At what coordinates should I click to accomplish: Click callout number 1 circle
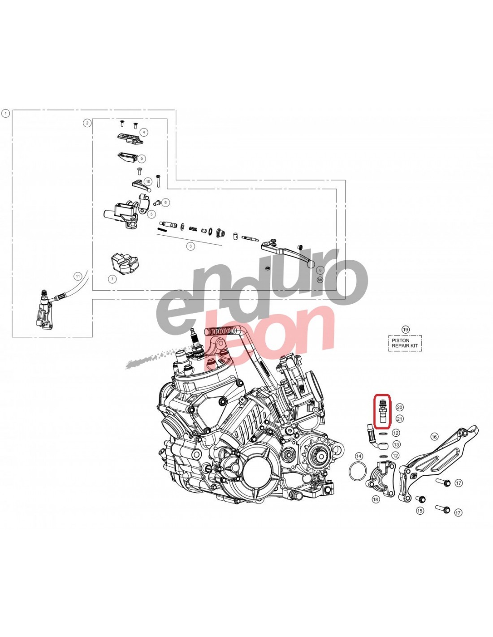click(5, 113)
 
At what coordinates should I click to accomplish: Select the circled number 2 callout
click(87, 123)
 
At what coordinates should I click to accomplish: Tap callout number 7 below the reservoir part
click(112, 280)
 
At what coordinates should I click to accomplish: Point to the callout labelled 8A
click(320, 280)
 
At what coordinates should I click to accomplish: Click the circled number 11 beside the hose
click(78, 276)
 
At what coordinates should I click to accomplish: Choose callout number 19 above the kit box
click(405, 330)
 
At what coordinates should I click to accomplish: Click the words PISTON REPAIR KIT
click(405, 343)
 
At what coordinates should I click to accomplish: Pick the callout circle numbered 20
click(399, 407)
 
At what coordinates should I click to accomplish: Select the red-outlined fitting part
click(381, 412)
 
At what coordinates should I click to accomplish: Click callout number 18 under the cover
click(376, 499)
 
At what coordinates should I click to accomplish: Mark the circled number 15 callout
click(420, 511)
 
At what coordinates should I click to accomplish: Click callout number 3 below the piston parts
click(190, 246)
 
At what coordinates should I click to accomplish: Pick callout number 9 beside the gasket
click(141, 159)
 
